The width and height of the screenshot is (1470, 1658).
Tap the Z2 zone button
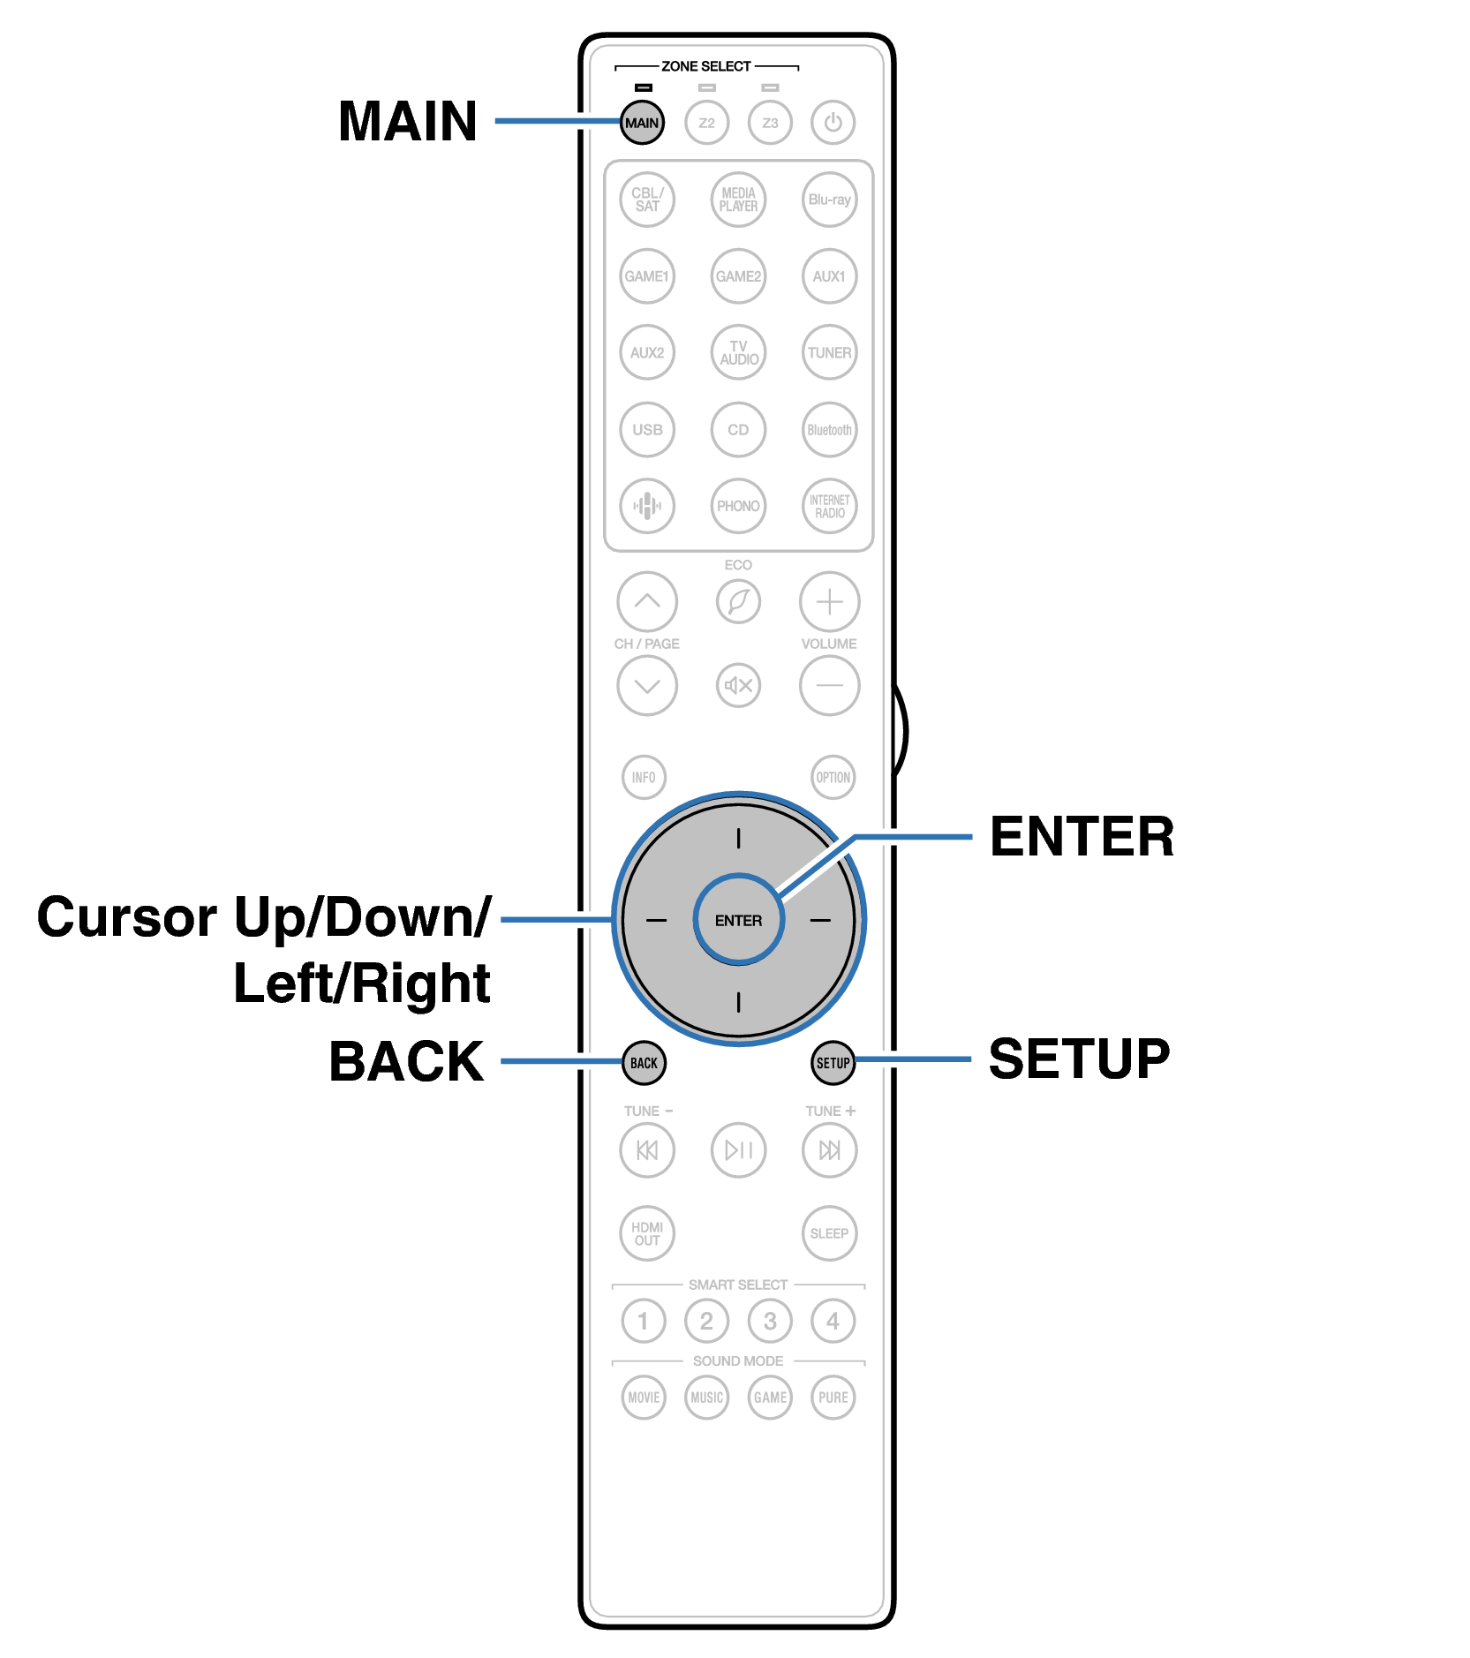(x=706, y=123)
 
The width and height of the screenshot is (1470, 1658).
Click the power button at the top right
(x=833, y=123)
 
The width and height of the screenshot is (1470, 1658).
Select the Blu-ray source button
(x=829, y=200)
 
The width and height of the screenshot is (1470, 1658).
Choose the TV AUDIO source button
(x=738, y=352)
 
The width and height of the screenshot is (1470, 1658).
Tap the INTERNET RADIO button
(x=829, y=506)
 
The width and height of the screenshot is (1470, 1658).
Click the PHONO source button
(x=738, y=506)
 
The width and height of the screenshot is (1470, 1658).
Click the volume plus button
(x=829, y=602)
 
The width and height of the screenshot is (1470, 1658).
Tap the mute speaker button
(x=738, y=685)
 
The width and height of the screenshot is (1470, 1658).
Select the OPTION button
(x=833, y=778)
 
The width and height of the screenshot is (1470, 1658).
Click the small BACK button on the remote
(x=644, y=1063)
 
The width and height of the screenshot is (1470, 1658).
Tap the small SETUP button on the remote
(x=833, y=1063)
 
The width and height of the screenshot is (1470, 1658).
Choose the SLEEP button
(x=829, y=1233)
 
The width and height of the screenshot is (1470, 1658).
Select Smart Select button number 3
(x=770, y=1321)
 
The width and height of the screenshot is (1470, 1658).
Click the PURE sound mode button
(x=833, y=1398)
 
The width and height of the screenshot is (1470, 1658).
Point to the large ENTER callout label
(x=1082, y=837)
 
